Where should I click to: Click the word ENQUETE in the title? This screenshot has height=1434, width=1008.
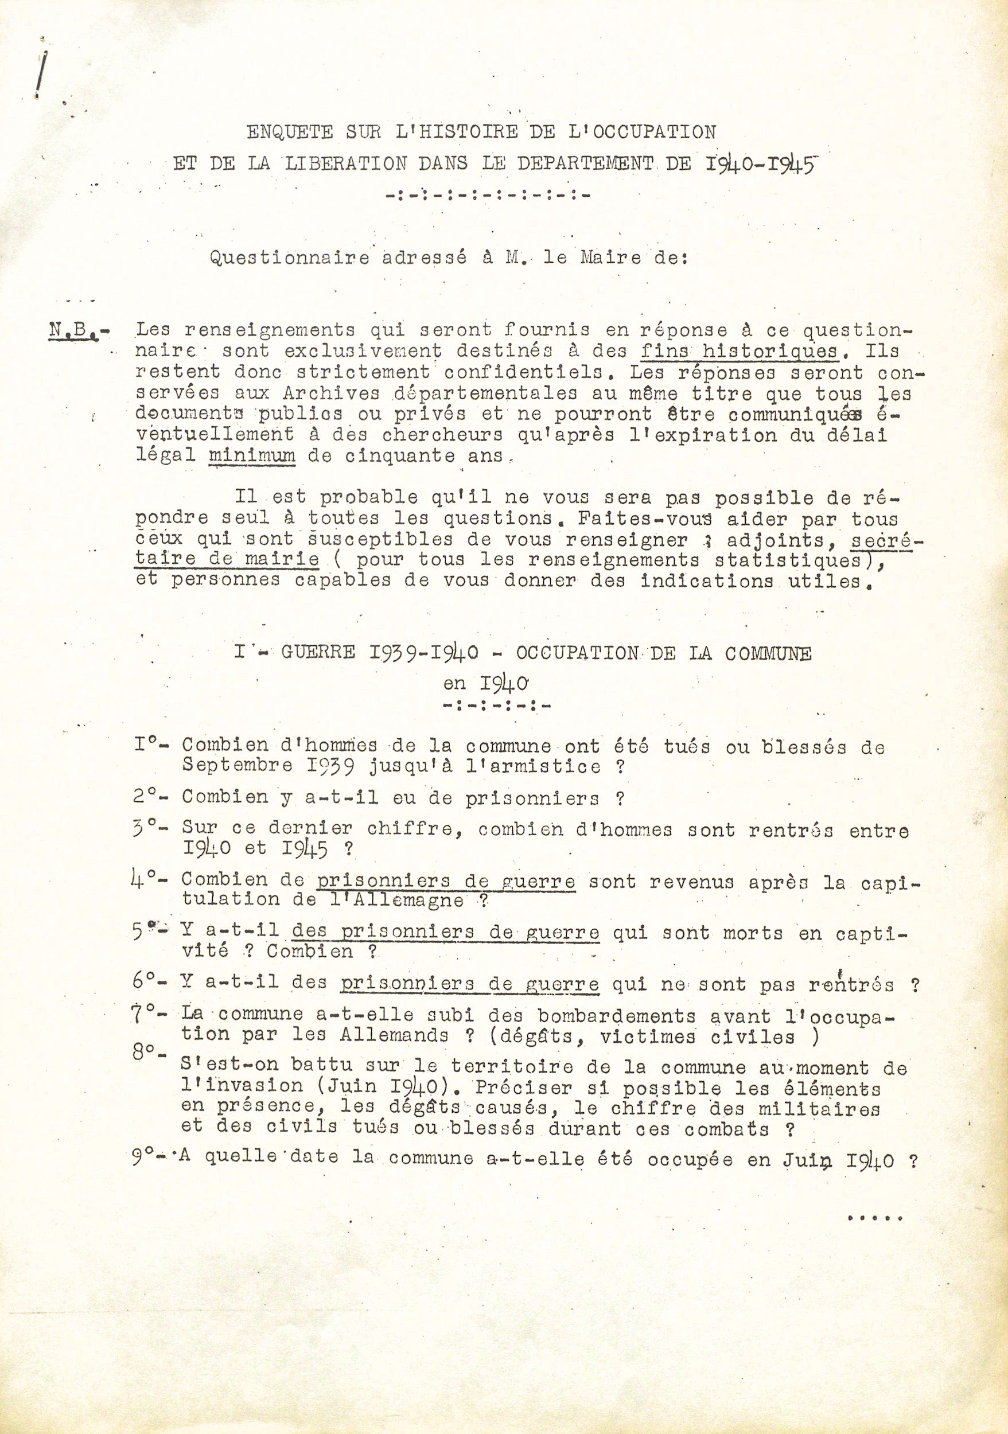(x=290, y=132)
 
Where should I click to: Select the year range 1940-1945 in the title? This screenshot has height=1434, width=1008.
(x=761, y=163)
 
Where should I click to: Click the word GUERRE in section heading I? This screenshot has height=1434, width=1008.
(x=318, y=653)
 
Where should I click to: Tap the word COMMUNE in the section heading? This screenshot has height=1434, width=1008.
(x=768, y=653)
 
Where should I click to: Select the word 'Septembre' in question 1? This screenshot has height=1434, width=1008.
(x=238, y=766)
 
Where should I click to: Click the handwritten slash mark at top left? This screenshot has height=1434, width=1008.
(x=42, y=75)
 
